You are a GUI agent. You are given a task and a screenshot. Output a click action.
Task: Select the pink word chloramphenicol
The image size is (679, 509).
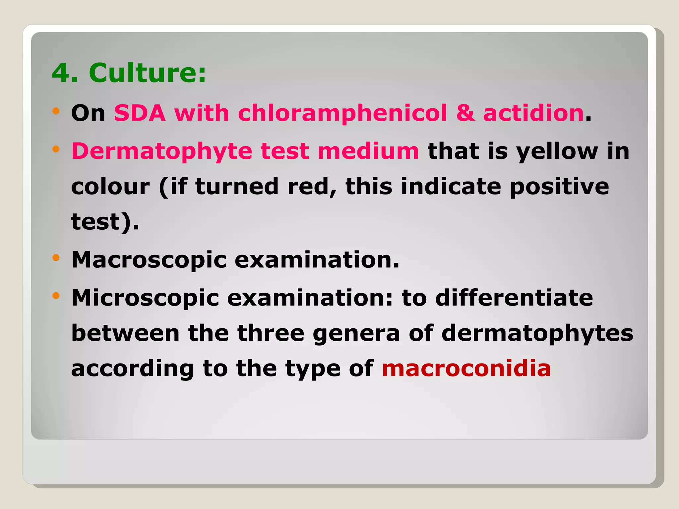(x=342, y=113)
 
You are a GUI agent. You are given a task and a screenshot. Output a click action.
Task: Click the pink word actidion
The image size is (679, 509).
(x=533, y=113)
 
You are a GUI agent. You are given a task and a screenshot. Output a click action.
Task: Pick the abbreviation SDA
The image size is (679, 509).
(x=140, y=113)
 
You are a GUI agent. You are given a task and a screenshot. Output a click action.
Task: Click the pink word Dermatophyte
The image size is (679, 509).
(x=162, y=151)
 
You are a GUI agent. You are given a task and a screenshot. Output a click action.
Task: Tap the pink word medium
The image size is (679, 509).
(x=368, y=151)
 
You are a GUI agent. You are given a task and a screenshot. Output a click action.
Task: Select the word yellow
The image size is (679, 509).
(x=557, y=151)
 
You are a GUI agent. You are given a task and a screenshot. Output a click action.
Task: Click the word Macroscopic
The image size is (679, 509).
(x=149, y=260)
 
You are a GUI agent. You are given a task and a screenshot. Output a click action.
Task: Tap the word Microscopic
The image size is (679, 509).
(x=145, y=298)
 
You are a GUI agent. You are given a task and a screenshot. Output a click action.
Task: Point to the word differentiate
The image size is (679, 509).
(x=514, y=298)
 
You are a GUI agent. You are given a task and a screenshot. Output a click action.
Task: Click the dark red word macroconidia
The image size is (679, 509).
(x=466, y=368)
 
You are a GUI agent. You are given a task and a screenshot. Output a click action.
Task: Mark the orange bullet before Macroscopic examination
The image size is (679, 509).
(x=56, y=257)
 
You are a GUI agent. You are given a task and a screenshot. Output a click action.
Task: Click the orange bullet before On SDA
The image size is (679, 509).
(x=56, y=111)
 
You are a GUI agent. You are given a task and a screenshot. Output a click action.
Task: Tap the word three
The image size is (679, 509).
(x=271, y=333)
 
